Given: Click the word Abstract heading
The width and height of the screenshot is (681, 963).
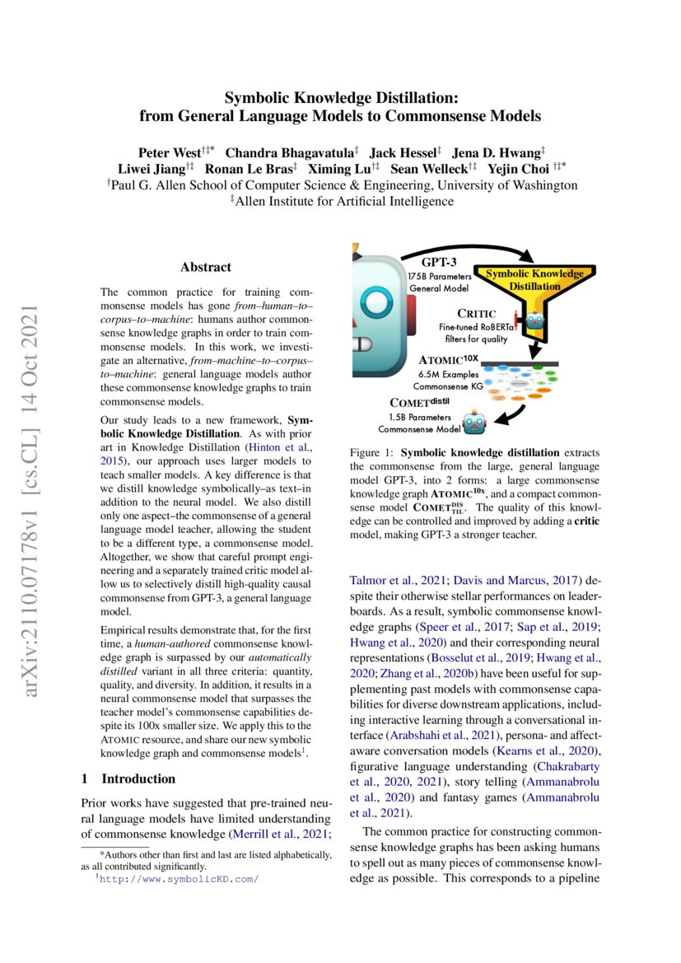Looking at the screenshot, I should click(206, 267).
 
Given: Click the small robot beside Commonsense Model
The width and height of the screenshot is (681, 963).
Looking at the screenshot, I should click(474, 423).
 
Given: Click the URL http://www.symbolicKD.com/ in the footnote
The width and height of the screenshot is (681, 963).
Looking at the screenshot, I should click(179, 879).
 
